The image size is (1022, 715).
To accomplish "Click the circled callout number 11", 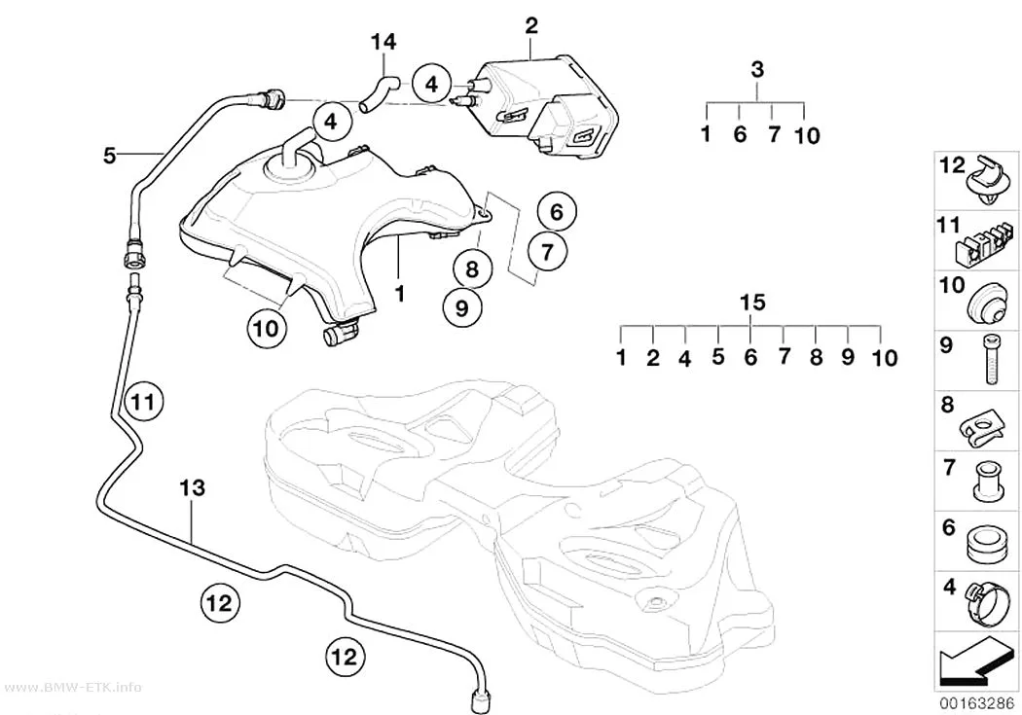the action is [143, 401].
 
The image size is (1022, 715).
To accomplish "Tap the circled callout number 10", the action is [267, 328].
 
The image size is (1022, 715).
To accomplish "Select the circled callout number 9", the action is [462, 308].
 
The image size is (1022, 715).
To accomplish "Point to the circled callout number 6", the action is [557, 212].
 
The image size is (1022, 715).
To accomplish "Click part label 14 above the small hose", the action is [383, 43].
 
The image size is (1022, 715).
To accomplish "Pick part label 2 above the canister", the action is [531, 26].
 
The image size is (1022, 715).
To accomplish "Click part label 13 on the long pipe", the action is [193, 487].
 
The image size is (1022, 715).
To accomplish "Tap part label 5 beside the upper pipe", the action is [110, 156].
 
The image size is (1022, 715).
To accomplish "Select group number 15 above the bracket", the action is [752, 303].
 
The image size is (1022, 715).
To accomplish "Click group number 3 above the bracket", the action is [756, 70].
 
